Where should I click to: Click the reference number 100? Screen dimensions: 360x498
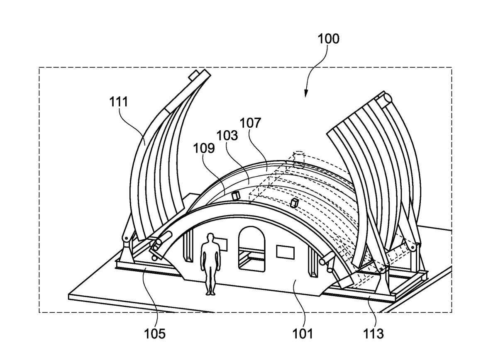328,39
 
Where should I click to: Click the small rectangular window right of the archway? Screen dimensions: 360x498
285,252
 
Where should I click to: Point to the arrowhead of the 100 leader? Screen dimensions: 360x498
307,95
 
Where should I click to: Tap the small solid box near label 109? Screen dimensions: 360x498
237,195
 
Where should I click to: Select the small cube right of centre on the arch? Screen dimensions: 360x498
295,203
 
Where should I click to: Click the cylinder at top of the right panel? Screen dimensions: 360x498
384,100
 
